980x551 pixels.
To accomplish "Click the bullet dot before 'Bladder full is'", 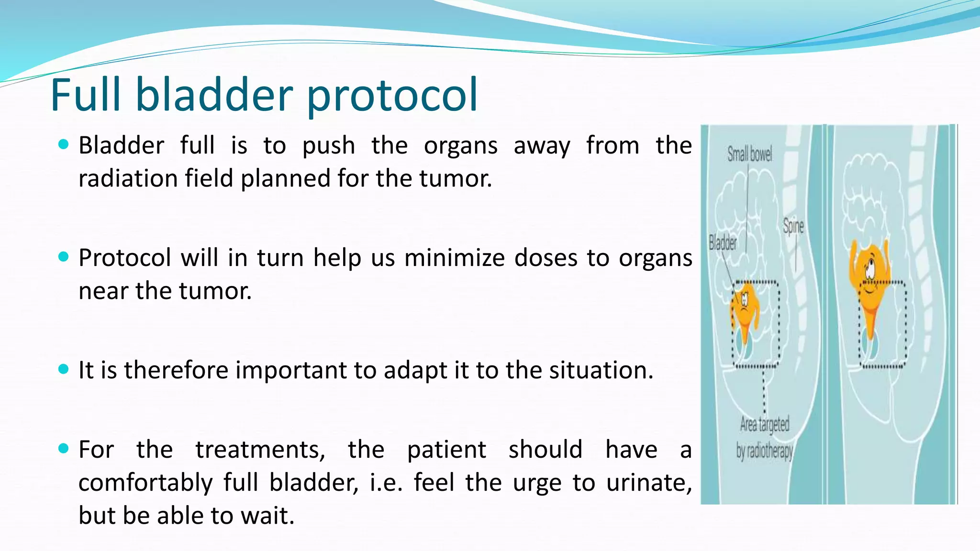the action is [63, 144].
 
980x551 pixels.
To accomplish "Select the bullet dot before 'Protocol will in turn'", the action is [63, 257].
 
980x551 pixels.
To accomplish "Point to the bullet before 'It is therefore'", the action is [63, 369].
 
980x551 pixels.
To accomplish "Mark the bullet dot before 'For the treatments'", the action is [63, 448].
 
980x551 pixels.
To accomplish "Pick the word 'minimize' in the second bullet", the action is [451, 258].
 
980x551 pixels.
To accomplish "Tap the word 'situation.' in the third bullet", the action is [601, 370].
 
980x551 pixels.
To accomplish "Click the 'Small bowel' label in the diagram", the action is [749, 154].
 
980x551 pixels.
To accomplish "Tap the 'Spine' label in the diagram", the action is [793, 226].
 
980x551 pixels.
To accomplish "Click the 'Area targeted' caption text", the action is [765, 424].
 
